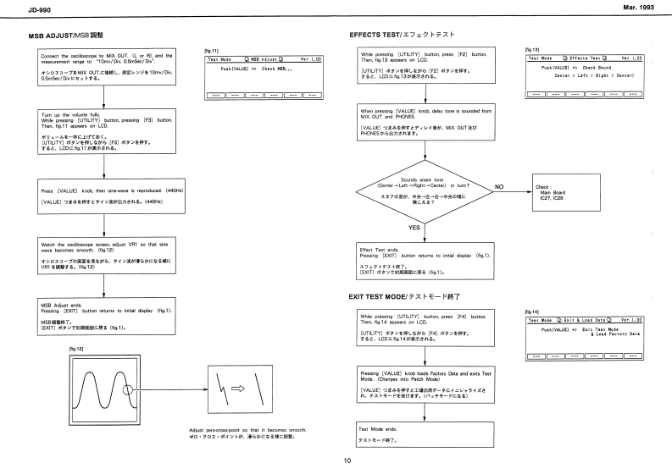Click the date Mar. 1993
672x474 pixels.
[x=646, y=8]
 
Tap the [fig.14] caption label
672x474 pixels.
[x=533, y=311]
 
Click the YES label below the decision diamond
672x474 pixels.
[x=415, y=228]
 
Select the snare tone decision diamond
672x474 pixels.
[x=415, y=186]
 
